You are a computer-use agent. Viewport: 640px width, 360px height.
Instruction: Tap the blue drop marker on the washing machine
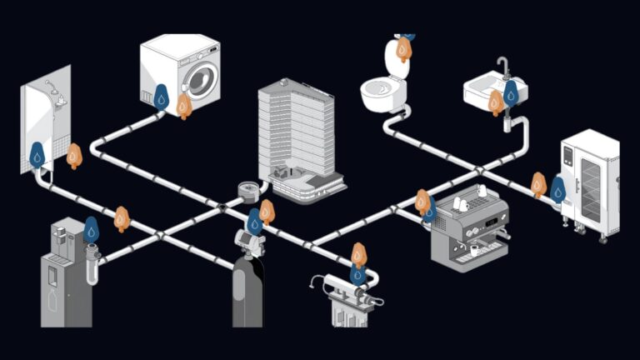161,98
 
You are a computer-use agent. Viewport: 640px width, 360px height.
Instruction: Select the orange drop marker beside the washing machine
184,105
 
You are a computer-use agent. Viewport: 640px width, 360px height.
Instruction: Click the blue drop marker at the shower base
37,155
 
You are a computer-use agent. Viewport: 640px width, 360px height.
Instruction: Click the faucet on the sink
502,67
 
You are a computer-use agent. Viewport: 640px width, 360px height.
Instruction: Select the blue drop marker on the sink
511,92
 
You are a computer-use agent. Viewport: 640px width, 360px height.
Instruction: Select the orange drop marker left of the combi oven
538,184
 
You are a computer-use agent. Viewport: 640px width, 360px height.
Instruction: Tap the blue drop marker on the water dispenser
92,229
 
